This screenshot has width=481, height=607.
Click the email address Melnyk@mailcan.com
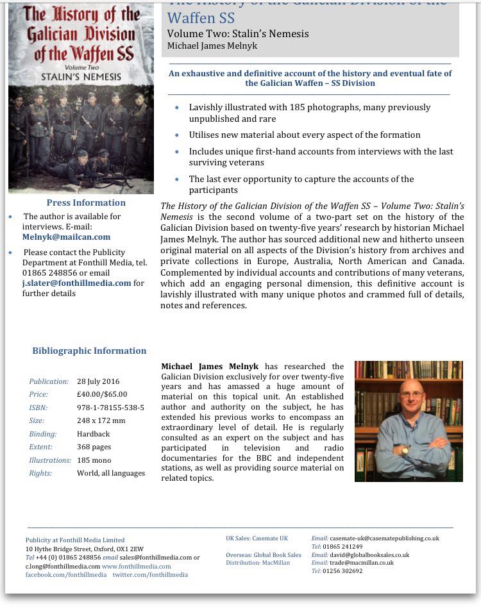pos(66,237)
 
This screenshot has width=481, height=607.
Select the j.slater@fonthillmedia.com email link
pos(76,283)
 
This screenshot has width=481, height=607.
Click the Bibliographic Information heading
pos(89,351)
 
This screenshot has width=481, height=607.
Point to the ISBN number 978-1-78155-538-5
pos(110,408)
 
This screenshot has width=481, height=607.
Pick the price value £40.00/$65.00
pos(102,394)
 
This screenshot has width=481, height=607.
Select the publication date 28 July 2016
pos(98,381)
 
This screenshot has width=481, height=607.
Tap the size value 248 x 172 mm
pos(101,420)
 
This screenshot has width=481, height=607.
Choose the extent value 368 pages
pos(94,447)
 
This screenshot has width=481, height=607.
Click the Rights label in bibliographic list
pos(40,473)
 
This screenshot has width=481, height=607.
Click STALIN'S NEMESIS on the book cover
pos(81,76)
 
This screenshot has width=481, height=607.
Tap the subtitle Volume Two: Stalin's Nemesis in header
pos(238,34)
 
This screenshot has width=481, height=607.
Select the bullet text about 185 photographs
pos(309,113)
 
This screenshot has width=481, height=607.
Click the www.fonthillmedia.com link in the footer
pos(136,567)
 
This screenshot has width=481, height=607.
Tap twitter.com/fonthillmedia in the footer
pos(150,575)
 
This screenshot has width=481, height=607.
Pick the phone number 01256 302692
pos(342,571)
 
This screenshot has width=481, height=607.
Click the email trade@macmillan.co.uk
pos(362,563)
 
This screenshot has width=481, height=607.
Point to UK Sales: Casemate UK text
pos(257,538)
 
